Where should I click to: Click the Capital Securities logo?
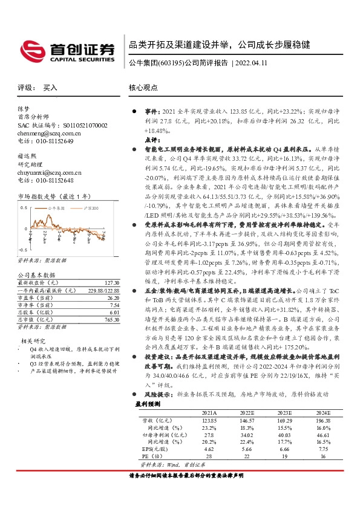tap(67, 49)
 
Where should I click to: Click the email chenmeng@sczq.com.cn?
tap(45, 133)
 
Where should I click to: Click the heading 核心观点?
tap(143, 88)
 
